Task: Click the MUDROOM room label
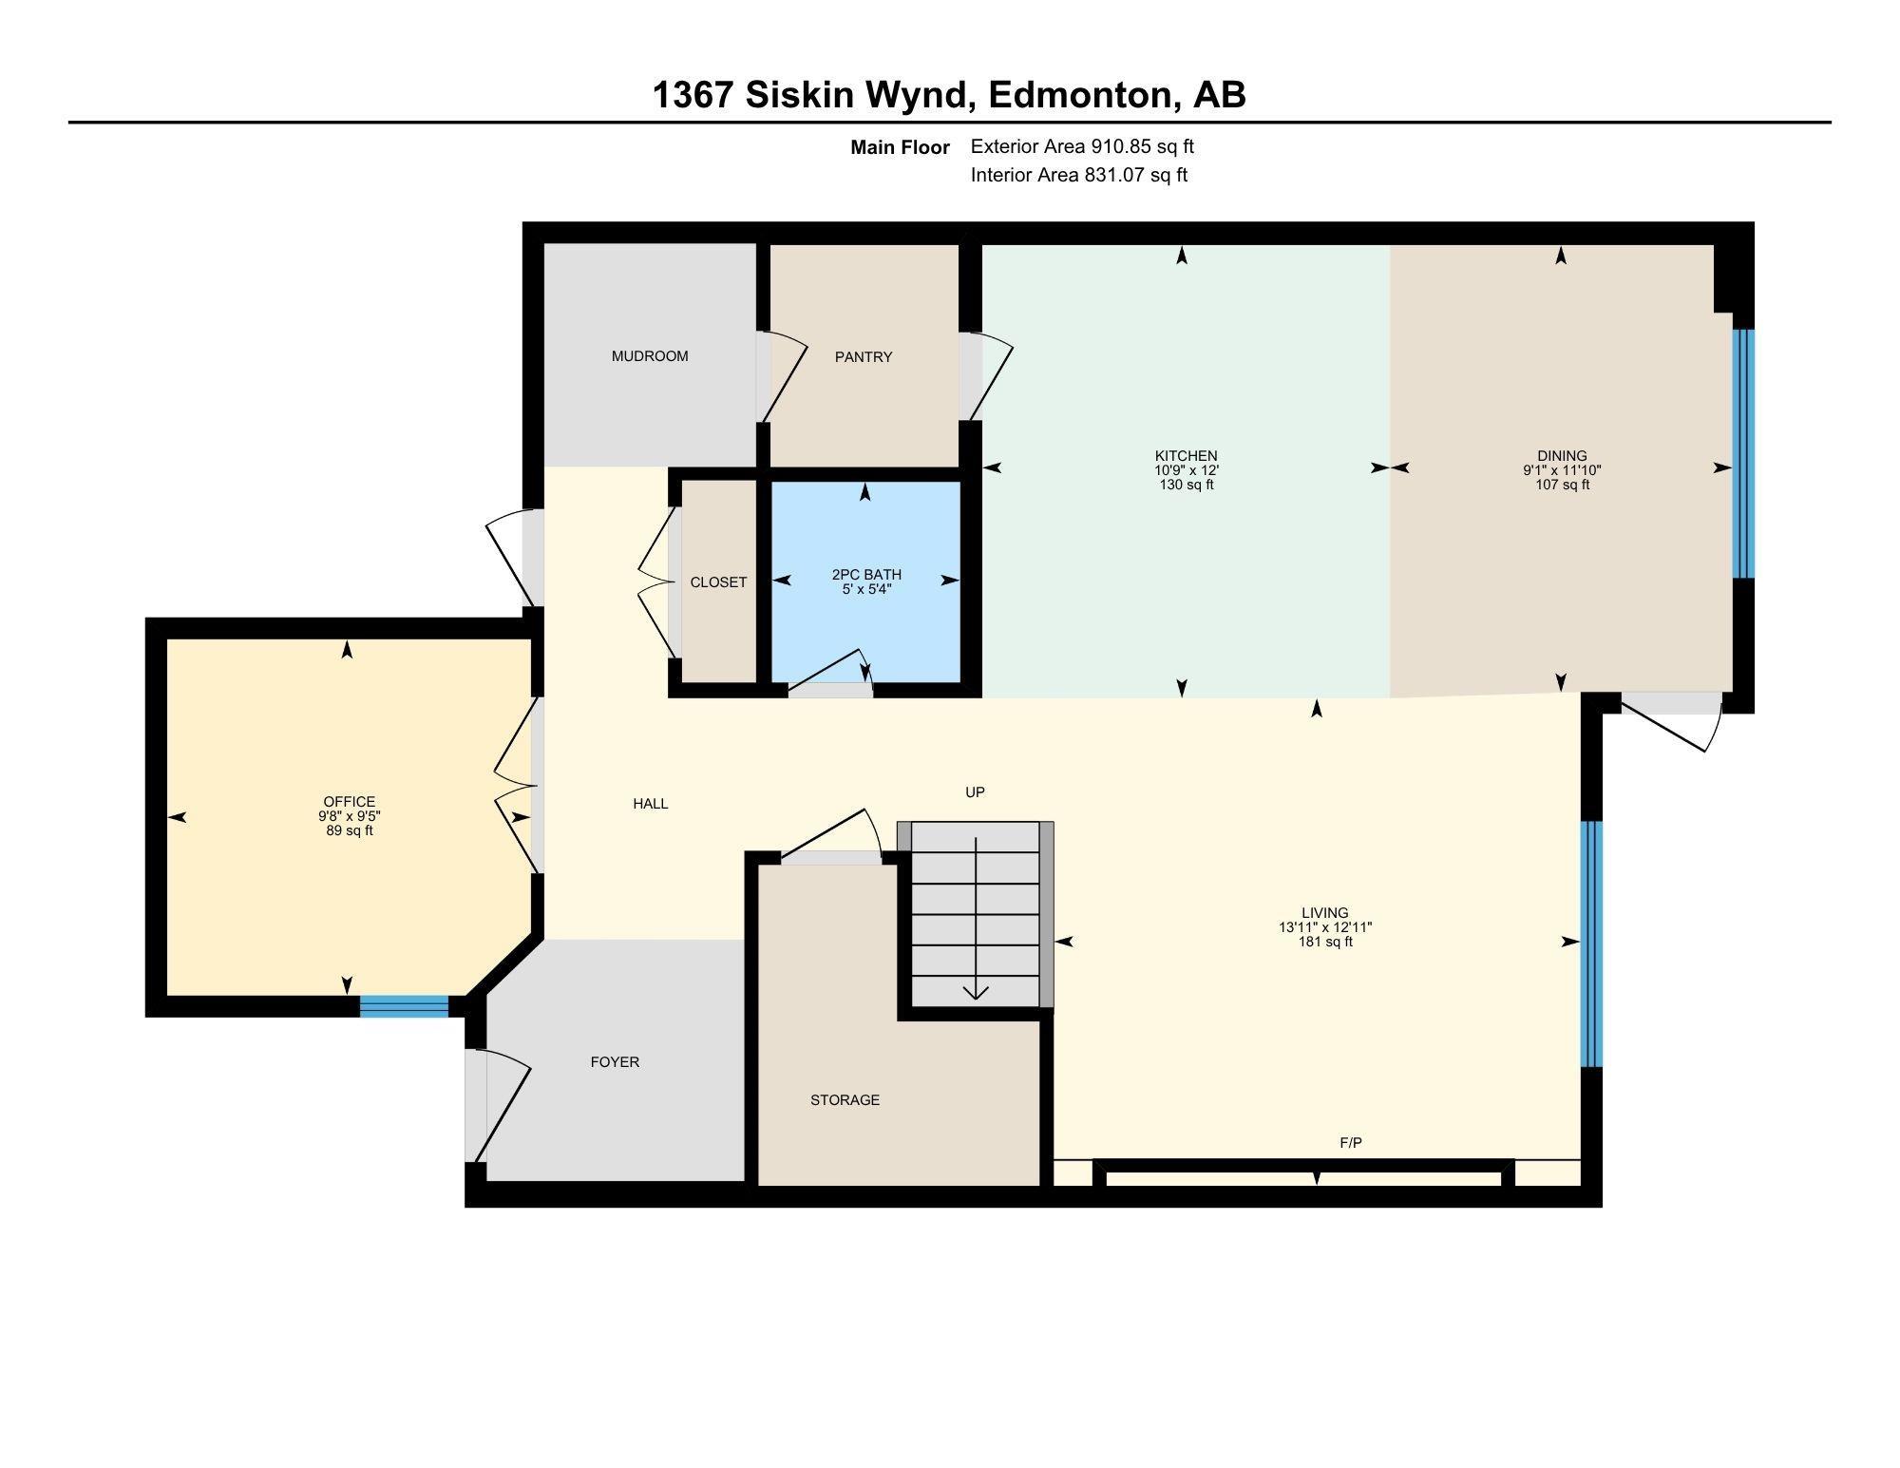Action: [650, 356]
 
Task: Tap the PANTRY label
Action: [864, 357]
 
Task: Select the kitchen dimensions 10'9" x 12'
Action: [1186, 470]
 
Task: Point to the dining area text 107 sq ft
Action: [1563, 485]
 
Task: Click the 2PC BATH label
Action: [866, 575]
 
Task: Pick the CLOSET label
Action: [718, 582]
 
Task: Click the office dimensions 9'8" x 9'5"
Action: [350, 816]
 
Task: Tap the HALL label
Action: [651, 804]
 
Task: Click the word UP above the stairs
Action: [975, 792]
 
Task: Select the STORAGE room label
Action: [845, 1100]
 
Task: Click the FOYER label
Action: [615, 1062]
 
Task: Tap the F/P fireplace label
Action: [1351, 1143]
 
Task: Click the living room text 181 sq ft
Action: [1325, 942]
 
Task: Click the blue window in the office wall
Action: [404, 1006]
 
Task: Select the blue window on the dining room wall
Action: [1743, 454]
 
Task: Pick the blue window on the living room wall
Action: [1591, 944]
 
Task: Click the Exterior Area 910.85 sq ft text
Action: [1082, 146]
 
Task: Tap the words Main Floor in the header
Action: [900, 147]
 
